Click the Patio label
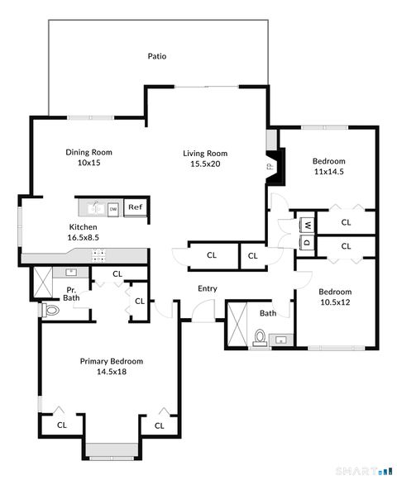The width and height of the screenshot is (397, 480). coord(157,57)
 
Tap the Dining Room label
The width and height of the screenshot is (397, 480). coord(89,152)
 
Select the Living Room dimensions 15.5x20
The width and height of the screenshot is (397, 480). coord(205,164)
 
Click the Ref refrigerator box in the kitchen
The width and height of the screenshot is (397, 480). coord(135,207)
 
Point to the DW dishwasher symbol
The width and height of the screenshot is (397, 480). coord(112,209)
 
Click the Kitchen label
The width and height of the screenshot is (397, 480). coord(83,227)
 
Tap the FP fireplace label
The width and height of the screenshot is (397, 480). coord(270,167)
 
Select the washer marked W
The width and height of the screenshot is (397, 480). coord(307,225)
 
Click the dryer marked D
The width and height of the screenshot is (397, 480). coord(307,242)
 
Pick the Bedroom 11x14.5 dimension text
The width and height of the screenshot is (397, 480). coord(328,171)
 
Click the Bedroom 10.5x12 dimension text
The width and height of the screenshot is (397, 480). coord(335,302)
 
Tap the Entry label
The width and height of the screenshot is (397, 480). coord(207,288)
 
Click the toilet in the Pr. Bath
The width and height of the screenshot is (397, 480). coord(51,311)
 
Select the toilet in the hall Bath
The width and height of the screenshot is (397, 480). coord(259,336)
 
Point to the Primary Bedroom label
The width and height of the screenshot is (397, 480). coord(112,361)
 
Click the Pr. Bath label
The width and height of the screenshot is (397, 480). coord(73,293)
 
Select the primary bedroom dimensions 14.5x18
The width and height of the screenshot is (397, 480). coord(112,372)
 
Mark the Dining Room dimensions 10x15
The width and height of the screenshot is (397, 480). coord(89,163)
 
